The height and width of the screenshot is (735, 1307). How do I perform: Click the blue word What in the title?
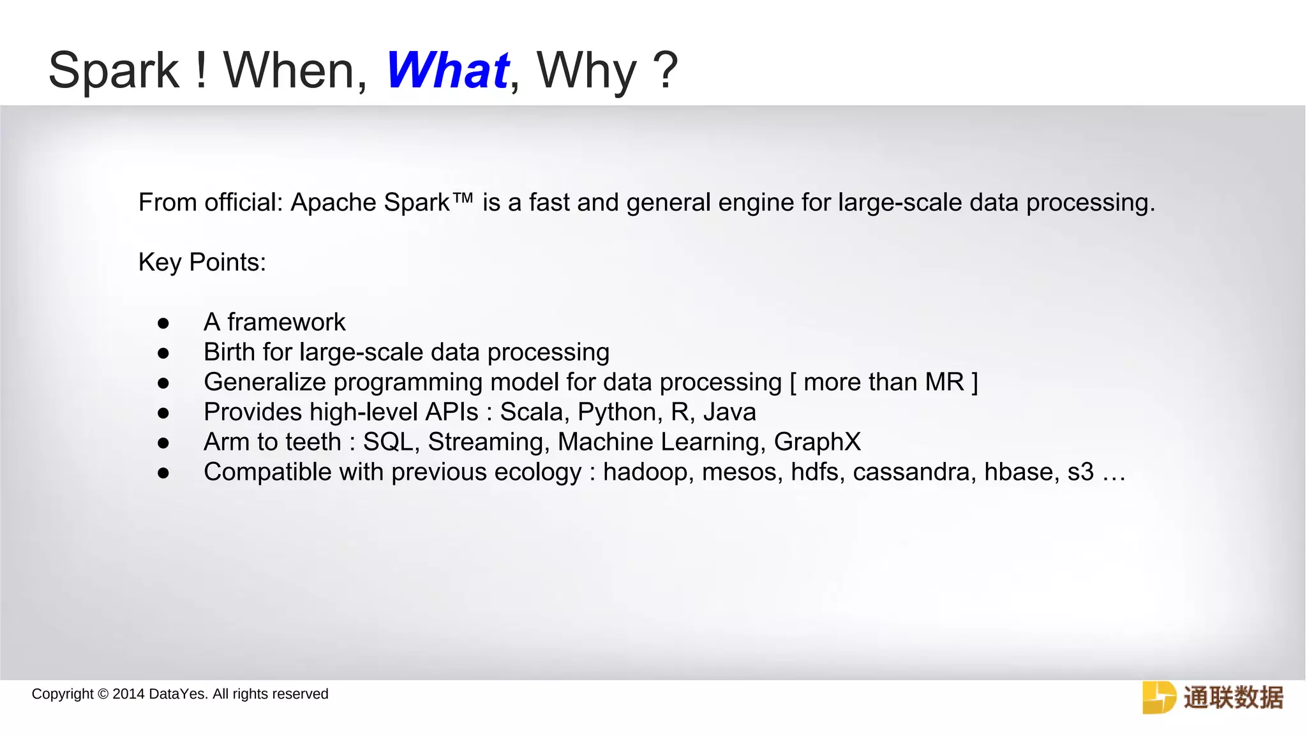pyautogui.click(x=447, y=70)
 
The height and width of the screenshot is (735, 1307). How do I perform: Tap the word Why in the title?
pyautogui.click(x=586, y=71)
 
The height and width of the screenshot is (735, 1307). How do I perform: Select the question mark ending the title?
pyautogui.click(x=666, y=70)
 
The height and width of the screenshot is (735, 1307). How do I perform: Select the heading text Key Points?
pyautogui.click(x=202, y=263)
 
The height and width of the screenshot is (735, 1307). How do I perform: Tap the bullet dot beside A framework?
pyautogui.click(x=163, y=323)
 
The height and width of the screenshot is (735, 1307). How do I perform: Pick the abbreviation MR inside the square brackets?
pyautogui.click(x=945, y=382)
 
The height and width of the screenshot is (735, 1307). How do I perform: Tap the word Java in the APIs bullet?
pyautogui.click(x=729, y=412)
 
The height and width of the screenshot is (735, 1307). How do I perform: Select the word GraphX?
pyautogui.click(x=817, y=442)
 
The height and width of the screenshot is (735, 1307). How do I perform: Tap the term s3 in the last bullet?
pyautogui.click(x=1080, y=472)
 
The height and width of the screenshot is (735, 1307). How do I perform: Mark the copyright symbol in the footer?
pyautogui.click(x=103, y=694)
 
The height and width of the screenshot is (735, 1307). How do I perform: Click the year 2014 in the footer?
pyautogui.click(x=128, y=694)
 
